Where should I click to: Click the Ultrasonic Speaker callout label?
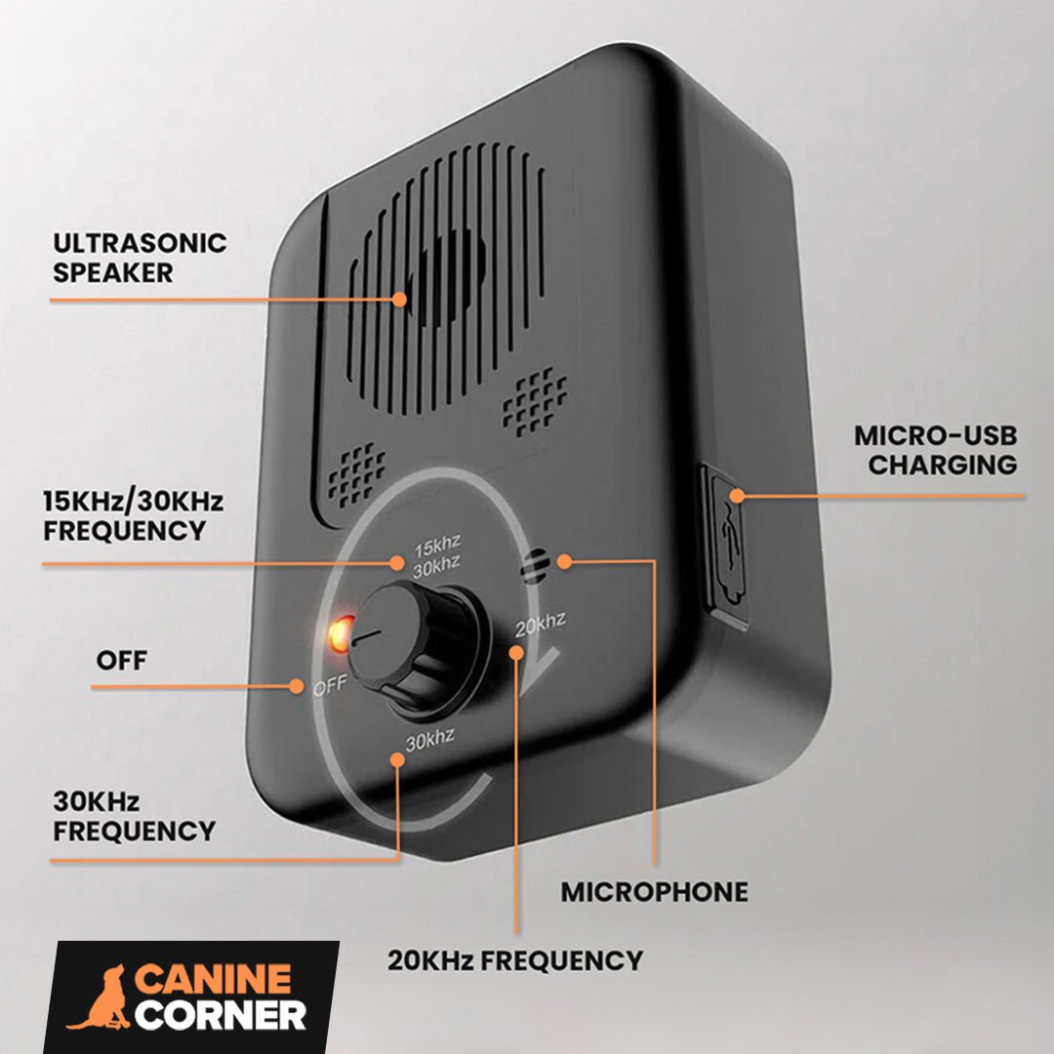pyautogui.click(x=140, y=258)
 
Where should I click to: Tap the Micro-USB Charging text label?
pyautogui.click(x=935, y=450)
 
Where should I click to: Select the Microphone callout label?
pyautogui.click(x=654, y=892)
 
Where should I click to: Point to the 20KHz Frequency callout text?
pyautogui.click(x=515, y=960)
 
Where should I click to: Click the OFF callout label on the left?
pyautogui.click(x=122, y=661)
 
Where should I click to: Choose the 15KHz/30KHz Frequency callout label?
pyautogui.click(x=133, y=516)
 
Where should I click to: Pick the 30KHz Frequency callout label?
pyautogui.click(x=134, y=817)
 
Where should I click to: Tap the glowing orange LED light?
pyautogui.click(x=340, y=635)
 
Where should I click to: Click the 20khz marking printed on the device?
pyautogui.click(x=540, y=625)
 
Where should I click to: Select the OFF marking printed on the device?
pyautogui.click(x=329, y=687)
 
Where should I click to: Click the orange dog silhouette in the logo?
pyautogui.click(x=98, y=997)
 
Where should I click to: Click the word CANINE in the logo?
pyautogui.click(x=213, y=979)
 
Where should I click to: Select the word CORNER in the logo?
pyautogui.click(x=221, y=1015)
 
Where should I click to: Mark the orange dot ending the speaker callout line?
pyautogui.click(x=400, y=299)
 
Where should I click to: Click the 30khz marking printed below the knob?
pyautogui.click(x=430, y=741)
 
